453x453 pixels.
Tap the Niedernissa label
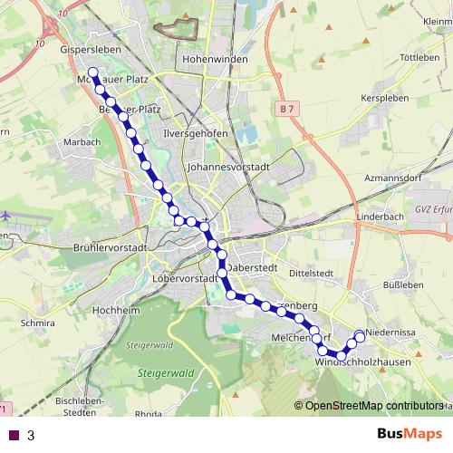pyautogui.click(x=390, y=333)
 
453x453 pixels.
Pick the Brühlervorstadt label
pyautogui.click(x=109, y=247)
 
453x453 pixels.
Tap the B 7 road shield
pyautogui.click(x=287, y=110)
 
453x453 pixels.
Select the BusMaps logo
pyautogui.click(x=405, y=434)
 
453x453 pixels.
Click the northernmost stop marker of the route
pyautogui.click(x=92, y=72)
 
